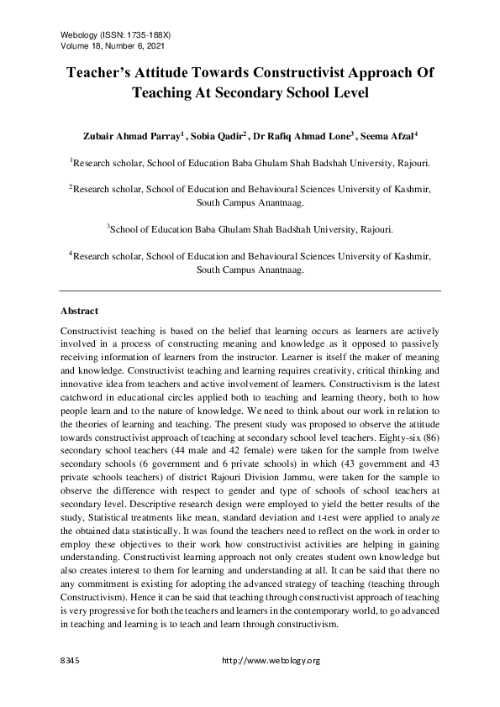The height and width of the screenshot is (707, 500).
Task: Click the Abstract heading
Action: click(x=81, y=311)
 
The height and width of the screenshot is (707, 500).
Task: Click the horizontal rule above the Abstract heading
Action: click(x=250, y=291)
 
